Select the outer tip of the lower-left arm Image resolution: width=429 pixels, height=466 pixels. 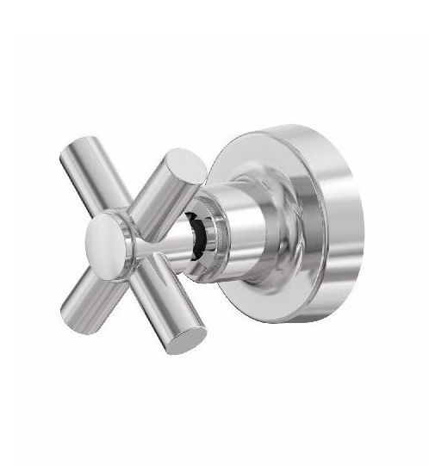[67, 306]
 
